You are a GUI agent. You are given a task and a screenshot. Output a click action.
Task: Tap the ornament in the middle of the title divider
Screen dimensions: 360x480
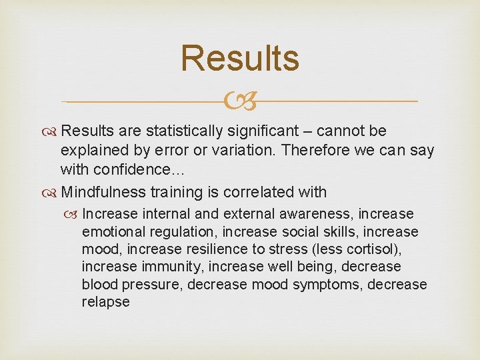[x=240, y=102]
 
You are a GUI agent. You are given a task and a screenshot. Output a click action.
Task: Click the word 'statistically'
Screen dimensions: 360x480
[x=186, y=131]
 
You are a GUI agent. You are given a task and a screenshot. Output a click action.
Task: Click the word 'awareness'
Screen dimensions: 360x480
[x=319, y=215]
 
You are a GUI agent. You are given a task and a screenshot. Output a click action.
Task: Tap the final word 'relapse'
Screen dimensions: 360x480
[x=106, y=301]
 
